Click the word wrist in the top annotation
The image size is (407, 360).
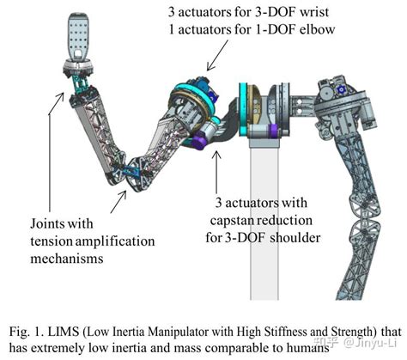(x=313, y=12)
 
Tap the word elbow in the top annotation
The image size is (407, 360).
(x=317, y=29)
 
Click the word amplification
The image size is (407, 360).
(x=115, y=241)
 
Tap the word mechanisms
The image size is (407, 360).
(x=67, y=259)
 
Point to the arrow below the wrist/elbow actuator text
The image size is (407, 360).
(x=217, y=55)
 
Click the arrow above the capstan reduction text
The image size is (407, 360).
(x=216, y=172)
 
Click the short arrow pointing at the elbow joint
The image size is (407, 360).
(x=118, y=202)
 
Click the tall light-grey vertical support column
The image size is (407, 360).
(x=264, y=221)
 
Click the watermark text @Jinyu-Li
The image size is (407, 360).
(x=371, y=343)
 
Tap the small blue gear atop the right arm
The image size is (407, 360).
(x=341, y=90)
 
